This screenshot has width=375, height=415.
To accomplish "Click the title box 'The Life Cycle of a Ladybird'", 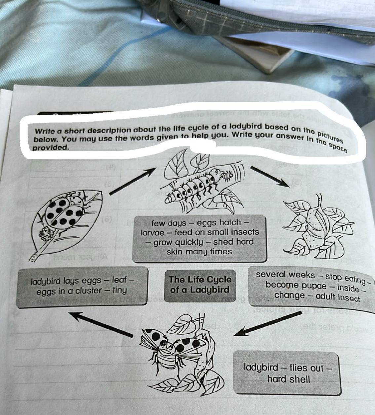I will click(x=200, y=285).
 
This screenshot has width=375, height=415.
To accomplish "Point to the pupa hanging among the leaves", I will click(x=314, y=228).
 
